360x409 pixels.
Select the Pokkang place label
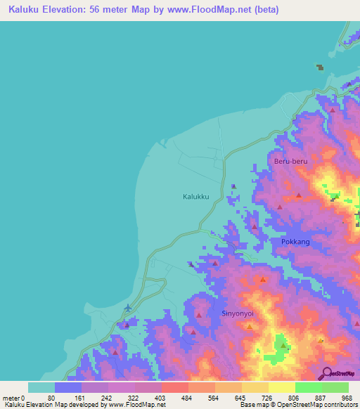[x=295, y=242]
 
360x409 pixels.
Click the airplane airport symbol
[x=127, y=308]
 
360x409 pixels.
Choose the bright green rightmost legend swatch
[x=335, y=387]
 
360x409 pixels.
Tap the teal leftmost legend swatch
[x=41, y=387]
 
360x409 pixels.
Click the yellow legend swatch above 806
[x=282, y=387]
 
